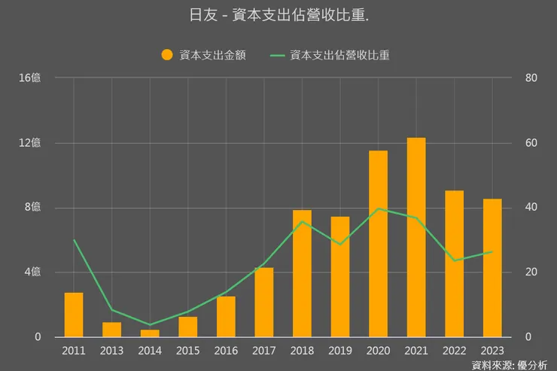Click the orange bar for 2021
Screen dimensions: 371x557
tap(416, 237)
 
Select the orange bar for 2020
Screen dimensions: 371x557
tap(378, 244)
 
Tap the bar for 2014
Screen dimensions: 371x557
tap(150, 333)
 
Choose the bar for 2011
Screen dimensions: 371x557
tap(74, 315)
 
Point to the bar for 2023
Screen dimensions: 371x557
tap(492, 268)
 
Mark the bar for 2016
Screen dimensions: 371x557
tap(226, 317)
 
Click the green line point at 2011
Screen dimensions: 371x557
tap(74, 240)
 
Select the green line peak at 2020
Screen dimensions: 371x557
tap(378, 208)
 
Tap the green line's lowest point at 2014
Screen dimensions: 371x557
tap(150, 324)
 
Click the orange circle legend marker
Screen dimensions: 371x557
tap(167, 55)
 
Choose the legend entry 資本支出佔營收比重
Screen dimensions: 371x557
tap(339, 55)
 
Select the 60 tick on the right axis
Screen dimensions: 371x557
tap(531, 143)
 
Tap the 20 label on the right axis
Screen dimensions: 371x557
tap(531, 272)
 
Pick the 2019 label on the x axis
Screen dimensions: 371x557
tap(340, 351)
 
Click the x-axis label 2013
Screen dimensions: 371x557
tap(111, 351)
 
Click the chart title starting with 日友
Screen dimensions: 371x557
tap(278, 14)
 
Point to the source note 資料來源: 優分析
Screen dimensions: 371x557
tap(510, 365)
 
